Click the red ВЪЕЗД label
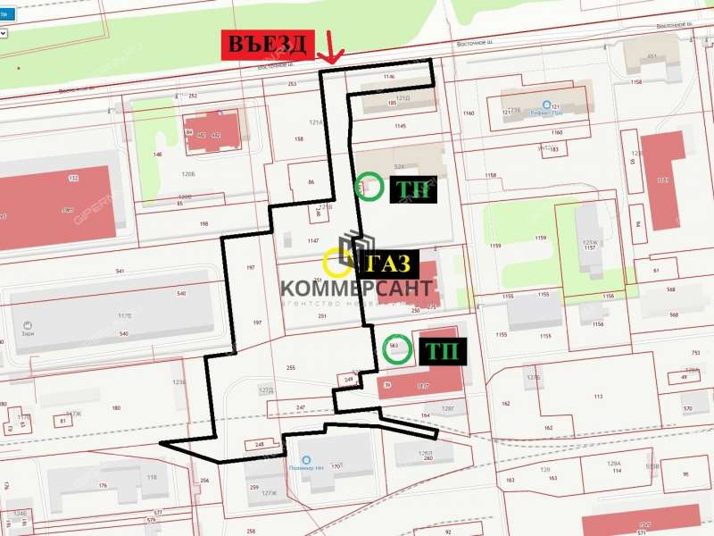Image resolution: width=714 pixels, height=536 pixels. (267, 45)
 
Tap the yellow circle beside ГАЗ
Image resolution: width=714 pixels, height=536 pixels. (338, 263)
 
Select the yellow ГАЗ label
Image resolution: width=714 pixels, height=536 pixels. (387, 264)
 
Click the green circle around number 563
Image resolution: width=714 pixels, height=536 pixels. (396, 348)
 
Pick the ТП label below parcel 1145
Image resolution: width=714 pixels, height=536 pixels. (411, 189)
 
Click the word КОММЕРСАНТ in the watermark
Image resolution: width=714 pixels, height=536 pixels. (357, 289)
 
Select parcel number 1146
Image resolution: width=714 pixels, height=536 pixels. (388, 78)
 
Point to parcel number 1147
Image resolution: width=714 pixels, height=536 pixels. (312, 241)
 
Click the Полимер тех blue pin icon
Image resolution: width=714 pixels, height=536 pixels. (305, 458)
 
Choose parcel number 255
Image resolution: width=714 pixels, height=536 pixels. (290, 368)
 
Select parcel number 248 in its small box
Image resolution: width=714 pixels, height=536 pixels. (260, 444)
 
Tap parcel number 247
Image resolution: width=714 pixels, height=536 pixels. (301, 407)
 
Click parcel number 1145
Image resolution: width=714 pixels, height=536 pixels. (399, 126)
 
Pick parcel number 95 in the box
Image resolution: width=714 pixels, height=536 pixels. (685, 473)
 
